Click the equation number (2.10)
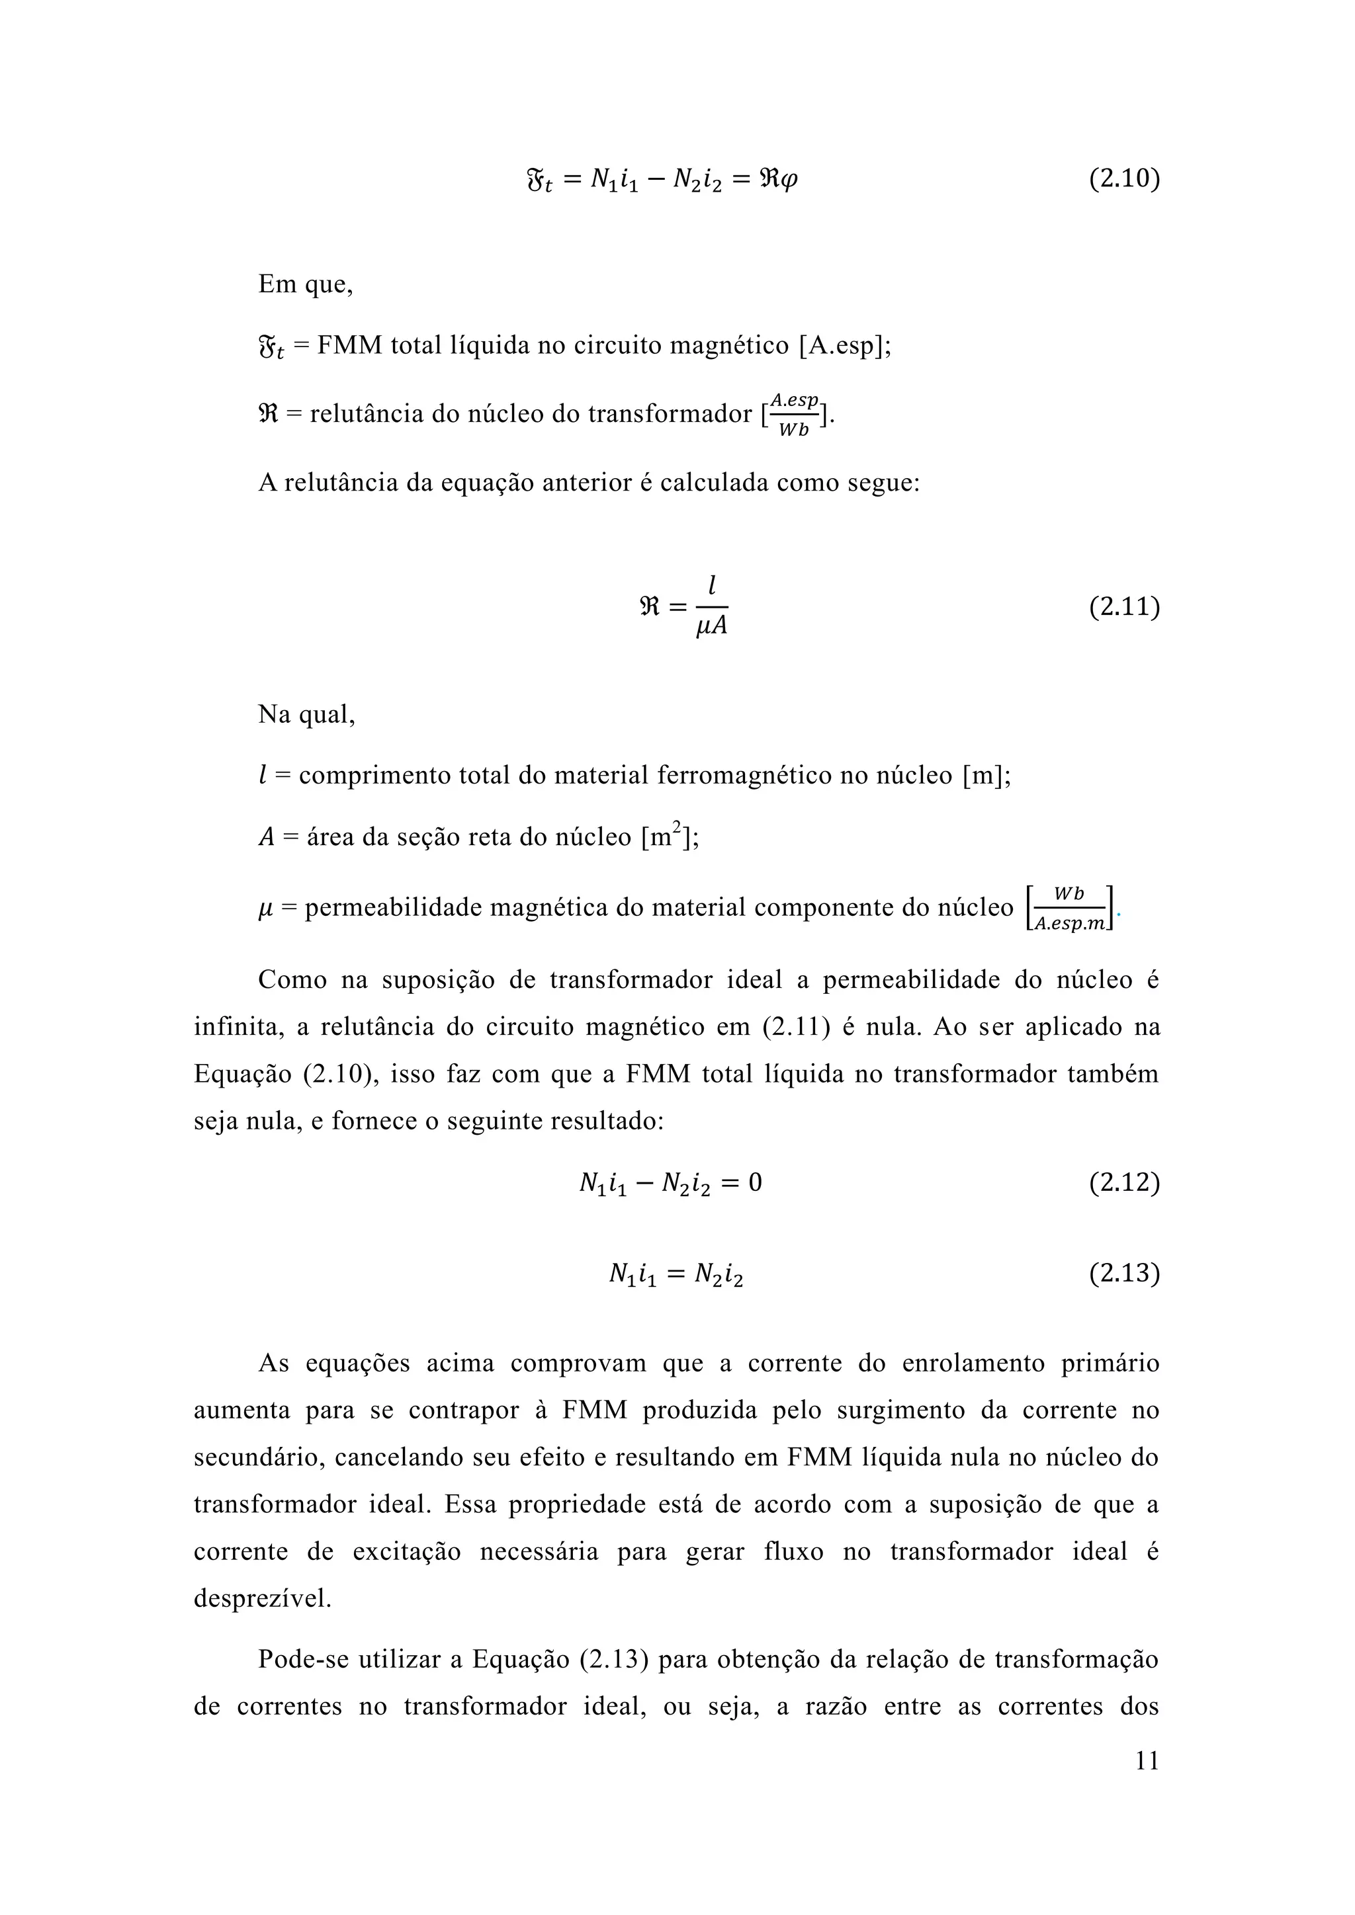1124,179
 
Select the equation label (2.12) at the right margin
1124,1183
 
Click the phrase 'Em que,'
306,284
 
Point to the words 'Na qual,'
306,715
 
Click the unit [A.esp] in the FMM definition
843,345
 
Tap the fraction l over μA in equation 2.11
711,606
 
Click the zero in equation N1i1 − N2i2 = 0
754,1183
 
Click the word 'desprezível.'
263,1599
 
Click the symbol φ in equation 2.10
789,179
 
